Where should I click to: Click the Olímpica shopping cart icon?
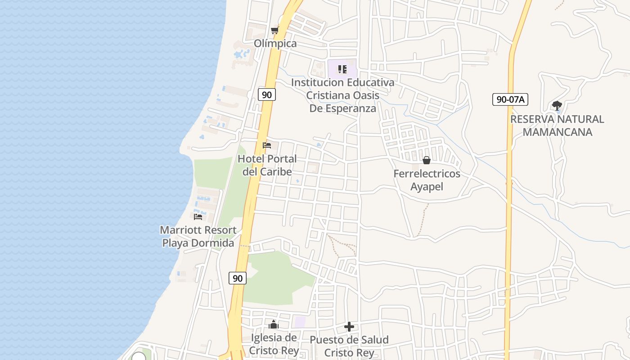point(274,31)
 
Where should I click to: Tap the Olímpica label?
point(275,44)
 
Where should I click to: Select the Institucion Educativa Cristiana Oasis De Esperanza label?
point(342,95)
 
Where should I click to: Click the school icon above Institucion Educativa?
point(342,69)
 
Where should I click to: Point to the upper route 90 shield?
point(267,94)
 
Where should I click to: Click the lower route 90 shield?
point(238,278)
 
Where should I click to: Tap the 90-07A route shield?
point(510,99)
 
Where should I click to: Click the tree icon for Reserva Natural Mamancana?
point(557,106)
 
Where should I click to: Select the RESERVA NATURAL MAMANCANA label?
point(557,126)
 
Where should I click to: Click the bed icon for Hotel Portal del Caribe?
point(267,145)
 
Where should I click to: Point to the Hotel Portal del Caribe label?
point(267,165)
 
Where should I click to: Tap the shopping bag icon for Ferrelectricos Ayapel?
point(427,160)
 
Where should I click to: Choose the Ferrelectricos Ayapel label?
point(427,180)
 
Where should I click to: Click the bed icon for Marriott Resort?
point(198,216)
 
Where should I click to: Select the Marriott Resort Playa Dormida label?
point(198,236)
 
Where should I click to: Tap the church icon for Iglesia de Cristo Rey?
point(274,324)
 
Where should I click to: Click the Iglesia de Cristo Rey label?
point(274,344)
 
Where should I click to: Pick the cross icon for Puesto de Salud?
point(349,327)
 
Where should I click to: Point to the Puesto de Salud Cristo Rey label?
point(349,346)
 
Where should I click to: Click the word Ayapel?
point(427,186)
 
